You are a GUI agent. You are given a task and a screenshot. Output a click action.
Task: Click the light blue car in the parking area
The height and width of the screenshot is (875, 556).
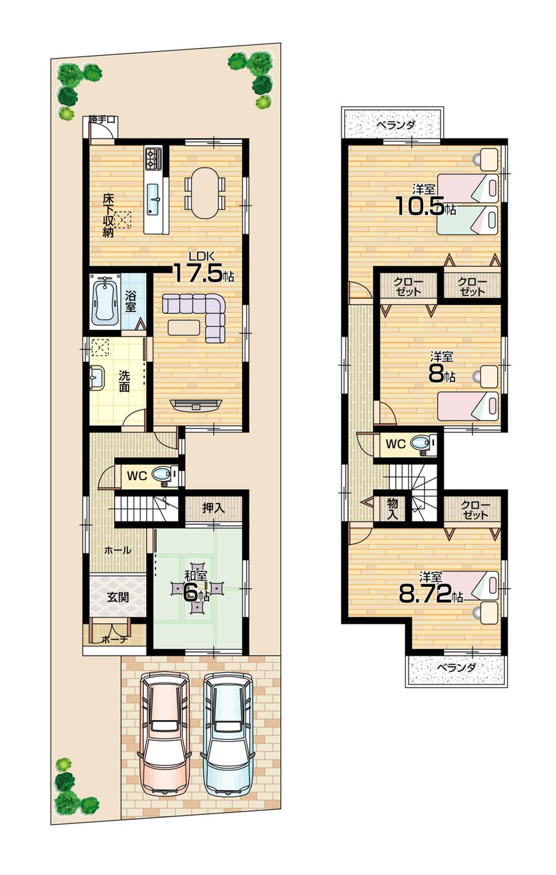click(228, 734)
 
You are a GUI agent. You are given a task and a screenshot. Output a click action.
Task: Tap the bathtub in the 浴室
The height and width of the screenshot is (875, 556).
click(106, 301)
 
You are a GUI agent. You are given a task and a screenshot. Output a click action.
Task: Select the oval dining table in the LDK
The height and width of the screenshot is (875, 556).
click(205, 193)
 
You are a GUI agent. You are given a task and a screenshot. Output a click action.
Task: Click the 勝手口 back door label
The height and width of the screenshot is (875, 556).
click(102, 119)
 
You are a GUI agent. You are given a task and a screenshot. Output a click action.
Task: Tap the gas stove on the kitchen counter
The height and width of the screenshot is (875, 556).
click(153, 159)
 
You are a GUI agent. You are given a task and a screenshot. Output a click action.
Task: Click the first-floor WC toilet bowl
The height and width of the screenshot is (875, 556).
click(163, 476)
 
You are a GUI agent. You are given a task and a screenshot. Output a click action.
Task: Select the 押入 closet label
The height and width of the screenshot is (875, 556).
click(213, 507)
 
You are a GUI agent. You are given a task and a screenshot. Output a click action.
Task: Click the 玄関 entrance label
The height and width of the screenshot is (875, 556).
click(117, 598)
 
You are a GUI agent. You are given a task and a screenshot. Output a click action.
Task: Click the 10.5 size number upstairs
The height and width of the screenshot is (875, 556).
click(420, 206)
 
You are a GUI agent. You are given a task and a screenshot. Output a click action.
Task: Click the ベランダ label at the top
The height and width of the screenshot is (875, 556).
click(394, 125)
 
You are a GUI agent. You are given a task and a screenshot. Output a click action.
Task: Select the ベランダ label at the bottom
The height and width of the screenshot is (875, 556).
click(456, 668)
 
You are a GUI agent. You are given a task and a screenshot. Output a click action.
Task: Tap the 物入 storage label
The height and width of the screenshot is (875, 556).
click(393, 508)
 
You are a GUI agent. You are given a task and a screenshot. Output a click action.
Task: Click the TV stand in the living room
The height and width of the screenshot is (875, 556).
click(196, 405)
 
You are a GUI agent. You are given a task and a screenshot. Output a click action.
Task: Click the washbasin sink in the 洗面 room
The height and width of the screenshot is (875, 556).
click(97, 379)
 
